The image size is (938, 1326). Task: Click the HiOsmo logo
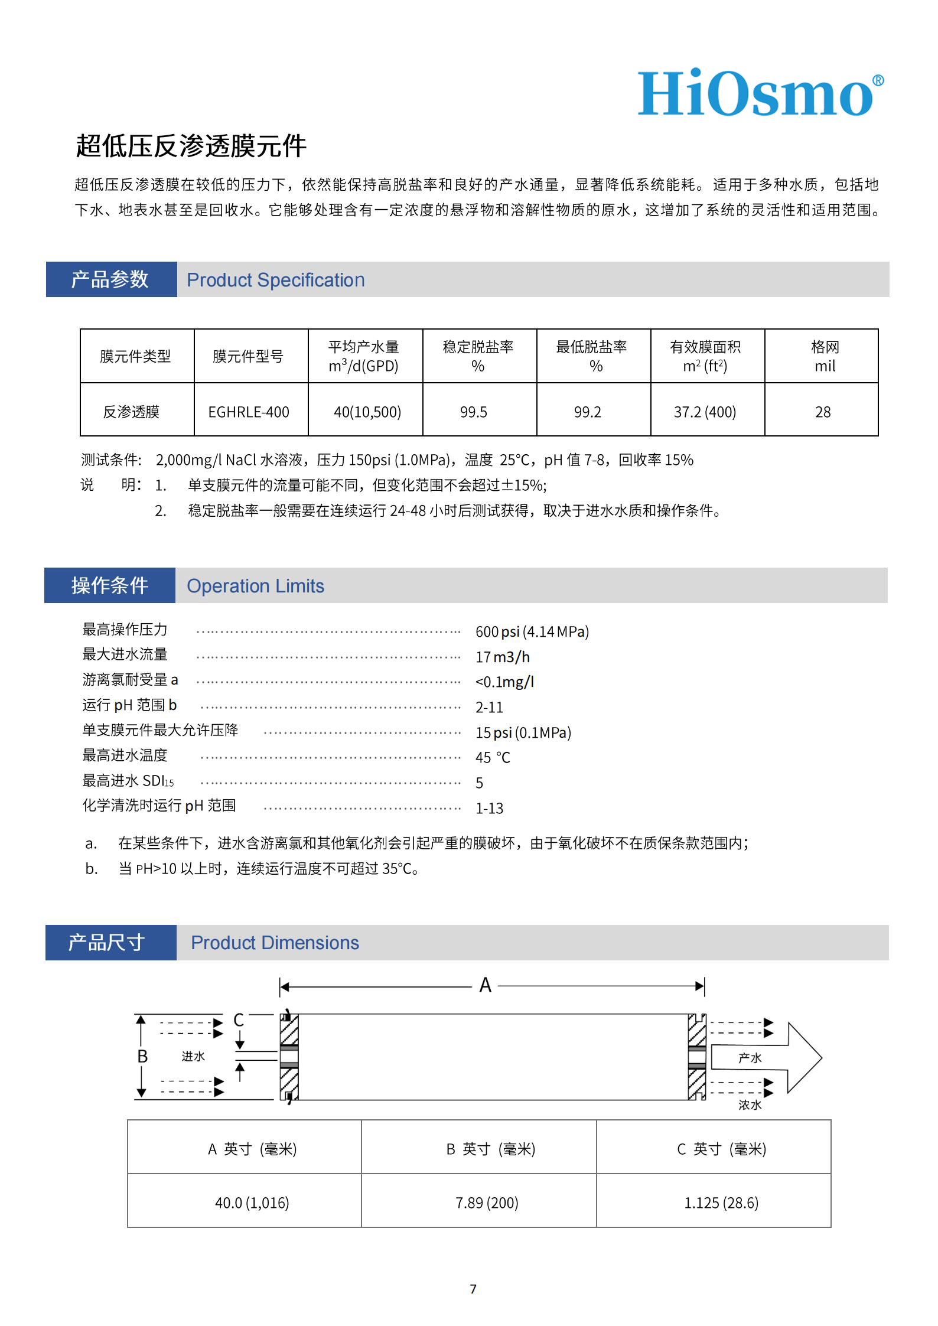tap(760, 93)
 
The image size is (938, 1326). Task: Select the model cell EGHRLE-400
tap(249, 412)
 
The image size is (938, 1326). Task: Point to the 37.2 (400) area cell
tap(705, 412)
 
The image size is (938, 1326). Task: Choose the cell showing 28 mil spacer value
tap(822, 412)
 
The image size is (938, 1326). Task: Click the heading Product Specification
tap(275, 280)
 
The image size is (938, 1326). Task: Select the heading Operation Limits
tap(255, 586)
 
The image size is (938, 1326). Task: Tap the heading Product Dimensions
tap(275, 943)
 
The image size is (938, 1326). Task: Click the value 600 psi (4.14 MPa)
tap(532, 631)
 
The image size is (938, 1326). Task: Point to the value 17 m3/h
tap(503, 657)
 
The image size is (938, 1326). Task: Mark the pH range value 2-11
tap(489, 707)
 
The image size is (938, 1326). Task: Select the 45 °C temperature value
tap(493, 757)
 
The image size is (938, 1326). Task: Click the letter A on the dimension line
tap(485, 985)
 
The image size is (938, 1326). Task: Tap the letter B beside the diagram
tap(142, 1056)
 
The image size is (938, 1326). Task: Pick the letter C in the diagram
tap(239, 1020)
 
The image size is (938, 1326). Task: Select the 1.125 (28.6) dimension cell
tap(721, 1203)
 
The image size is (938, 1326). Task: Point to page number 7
tap(473, 1289)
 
